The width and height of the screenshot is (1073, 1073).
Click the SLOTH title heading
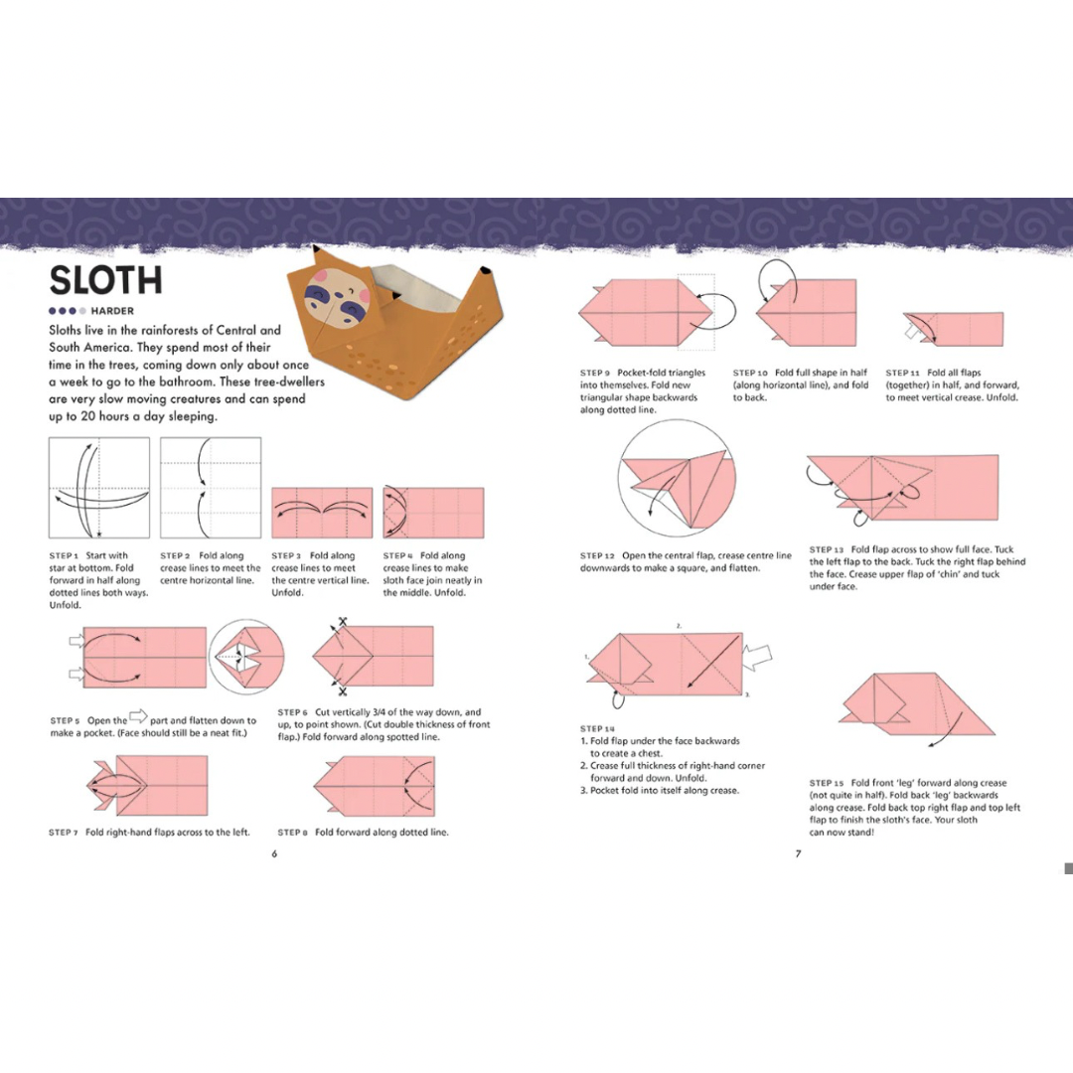(x=106, y=280)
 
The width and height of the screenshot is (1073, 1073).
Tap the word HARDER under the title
(x=112, y=311)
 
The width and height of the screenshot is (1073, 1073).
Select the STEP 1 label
(x=64, y=555)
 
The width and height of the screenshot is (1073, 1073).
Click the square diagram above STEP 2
(x=211, y=488)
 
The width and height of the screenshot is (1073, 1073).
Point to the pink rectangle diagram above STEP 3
(x=322, y=513)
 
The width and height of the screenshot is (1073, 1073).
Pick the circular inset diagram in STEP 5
(x=246, y=657)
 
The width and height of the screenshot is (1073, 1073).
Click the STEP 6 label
(x=292, y=712)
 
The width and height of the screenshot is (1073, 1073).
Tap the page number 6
(x=274, y=853)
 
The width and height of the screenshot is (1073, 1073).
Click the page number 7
(x=798, y=853)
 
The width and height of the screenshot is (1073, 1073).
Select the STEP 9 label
(x=595, y=373)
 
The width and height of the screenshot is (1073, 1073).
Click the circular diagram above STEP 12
(x=677, y=478)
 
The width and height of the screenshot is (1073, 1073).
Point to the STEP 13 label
(x=826, y=549)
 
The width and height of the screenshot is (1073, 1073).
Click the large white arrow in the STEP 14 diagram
(x=757, y=657)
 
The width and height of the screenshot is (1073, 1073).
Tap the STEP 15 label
(x=826, y=783)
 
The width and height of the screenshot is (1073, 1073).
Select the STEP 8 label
(x=292, y=833)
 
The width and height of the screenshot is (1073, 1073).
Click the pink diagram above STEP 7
(x=148, y=785)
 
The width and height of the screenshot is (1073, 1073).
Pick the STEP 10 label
(x=750, y=373)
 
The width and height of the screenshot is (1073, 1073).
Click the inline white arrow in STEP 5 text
(x=138, y=716)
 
